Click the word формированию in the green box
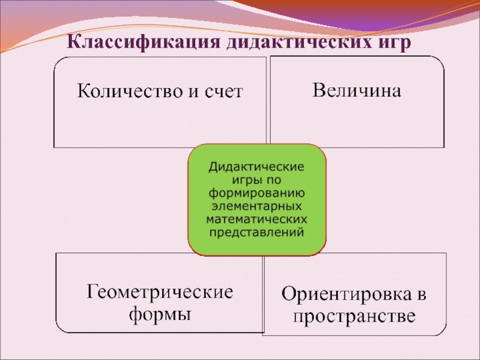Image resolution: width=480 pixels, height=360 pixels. tap(257, 193)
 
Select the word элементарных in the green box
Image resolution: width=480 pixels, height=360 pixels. tap(257, 206)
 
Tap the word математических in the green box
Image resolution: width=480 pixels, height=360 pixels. tap(257, 219)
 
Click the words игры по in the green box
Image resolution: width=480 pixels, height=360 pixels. tap(257, 179)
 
